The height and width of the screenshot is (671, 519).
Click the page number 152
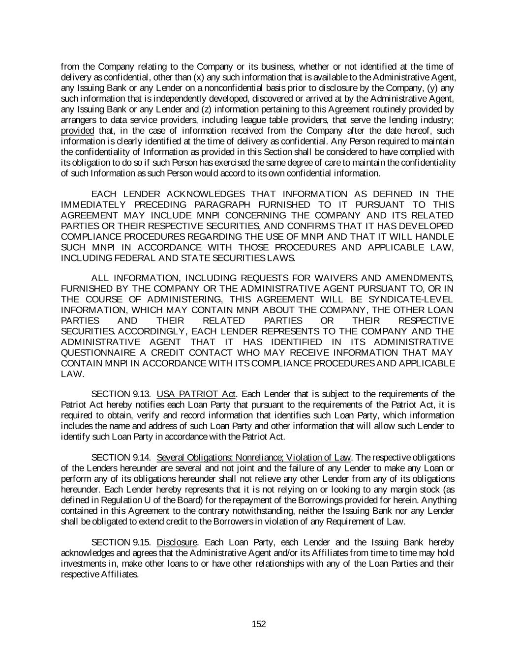259,624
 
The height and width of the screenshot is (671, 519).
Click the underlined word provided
77,131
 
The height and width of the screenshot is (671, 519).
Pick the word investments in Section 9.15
83,563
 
